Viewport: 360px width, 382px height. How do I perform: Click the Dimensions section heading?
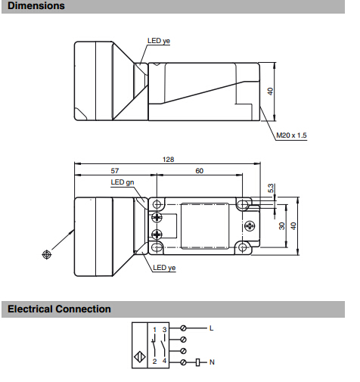coord(36,6)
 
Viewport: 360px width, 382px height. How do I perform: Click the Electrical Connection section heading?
coord(59,309)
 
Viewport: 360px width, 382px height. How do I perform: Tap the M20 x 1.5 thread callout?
coord(291,135)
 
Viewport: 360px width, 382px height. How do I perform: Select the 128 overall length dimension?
coord(168,160)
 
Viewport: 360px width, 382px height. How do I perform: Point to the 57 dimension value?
coord(115,171)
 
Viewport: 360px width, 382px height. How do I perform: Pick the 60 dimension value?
coord(199,171)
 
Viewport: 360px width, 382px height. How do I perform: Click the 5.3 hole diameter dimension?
coord(270,188)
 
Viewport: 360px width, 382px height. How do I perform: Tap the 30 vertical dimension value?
coord(282,226)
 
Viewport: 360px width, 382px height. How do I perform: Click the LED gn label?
coord(123,182)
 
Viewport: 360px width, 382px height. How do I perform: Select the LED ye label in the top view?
coord(159,41)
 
